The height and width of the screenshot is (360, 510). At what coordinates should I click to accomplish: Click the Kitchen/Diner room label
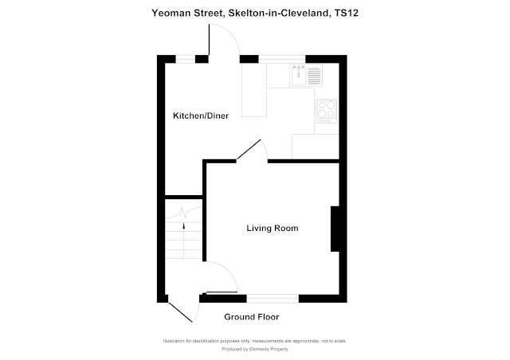click(201, 116)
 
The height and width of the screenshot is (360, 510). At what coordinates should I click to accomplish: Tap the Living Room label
click(271, 229)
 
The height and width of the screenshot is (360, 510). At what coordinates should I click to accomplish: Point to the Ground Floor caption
click(251, 316)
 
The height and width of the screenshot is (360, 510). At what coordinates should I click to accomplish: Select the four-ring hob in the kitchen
click(328, 108)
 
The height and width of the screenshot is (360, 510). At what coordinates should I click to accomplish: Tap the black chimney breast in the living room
click(338, 229)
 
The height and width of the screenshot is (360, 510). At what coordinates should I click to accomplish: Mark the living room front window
click(273, 298)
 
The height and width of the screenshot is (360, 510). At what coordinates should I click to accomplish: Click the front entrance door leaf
click(182, 309)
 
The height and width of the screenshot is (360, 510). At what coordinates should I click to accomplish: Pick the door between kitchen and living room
click(249, 151)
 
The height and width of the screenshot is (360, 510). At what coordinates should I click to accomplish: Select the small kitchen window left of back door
click(187, 57)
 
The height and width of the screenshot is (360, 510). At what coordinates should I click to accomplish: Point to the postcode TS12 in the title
click(345, 13)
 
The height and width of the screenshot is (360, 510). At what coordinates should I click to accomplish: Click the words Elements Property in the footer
click(266, 349)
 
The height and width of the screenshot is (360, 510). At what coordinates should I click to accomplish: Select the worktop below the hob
click(316, 146)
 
